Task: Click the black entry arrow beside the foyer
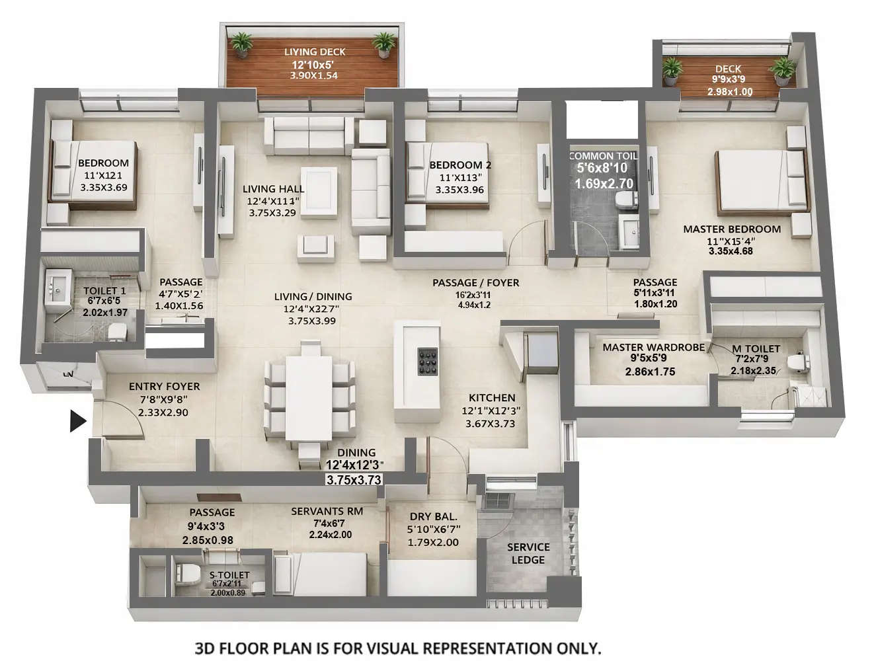click(x=78, y=421)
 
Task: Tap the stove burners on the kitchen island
click(x=427, y=361)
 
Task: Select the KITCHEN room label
click(x=492, y=397)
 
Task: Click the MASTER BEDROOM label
click(x=731, y=229)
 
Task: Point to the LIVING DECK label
click(x=315, y=52)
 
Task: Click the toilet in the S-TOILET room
click(x=188, y=572)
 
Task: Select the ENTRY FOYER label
click(x=164, y=386)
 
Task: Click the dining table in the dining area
click(x=308, y=397)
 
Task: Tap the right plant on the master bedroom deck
click(x=784, y=69)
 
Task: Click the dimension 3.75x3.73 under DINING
click(x=354, y=480)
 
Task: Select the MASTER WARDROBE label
click(x=653, y=347)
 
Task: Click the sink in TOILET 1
click(x=56, y=288)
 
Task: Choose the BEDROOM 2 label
click(x=460, y=165)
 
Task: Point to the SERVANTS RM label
click(x=327, y=511)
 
